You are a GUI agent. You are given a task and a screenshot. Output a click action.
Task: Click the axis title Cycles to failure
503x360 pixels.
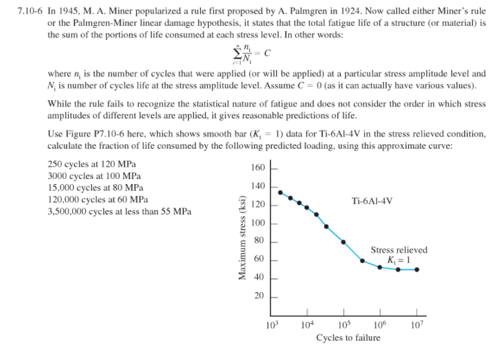coord(347,338)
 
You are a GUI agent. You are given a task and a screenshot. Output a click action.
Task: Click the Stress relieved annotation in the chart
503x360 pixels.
coord(398,250)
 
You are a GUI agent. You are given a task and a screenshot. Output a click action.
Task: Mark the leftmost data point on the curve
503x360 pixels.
coord(280,192)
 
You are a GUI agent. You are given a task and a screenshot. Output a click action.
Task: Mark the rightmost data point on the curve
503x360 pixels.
coord(416,270)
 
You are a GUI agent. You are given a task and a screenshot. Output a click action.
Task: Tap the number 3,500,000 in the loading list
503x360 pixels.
coord(70,211)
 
